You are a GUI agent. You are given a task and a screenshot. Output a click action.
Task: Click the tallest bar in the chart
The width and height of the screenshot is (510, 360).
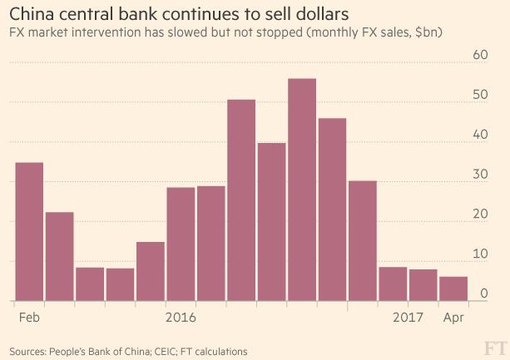[301, 190]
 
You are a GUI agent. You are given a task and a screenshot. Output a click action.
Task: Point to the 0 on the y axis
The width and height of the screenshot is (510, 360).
[482, 293]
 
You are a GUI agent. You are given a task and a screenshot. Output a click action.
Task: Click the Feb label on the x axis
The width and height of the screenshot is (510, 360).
[29, 318]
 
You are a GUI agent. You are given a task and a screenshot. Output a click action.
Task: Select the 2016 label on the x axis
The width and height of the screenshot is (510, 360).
[181, 318]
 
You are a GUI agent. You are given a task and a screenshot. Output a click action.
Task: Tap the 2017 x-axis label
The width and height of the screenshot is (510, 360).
[408, 318]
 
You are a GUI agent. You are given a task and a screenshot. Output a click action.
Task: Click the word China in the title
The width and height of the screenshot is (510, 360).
[31, 15]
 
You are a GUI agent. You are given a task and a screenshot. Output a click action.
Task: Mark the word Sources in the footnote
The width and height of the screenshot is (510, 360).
[27, 350]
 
